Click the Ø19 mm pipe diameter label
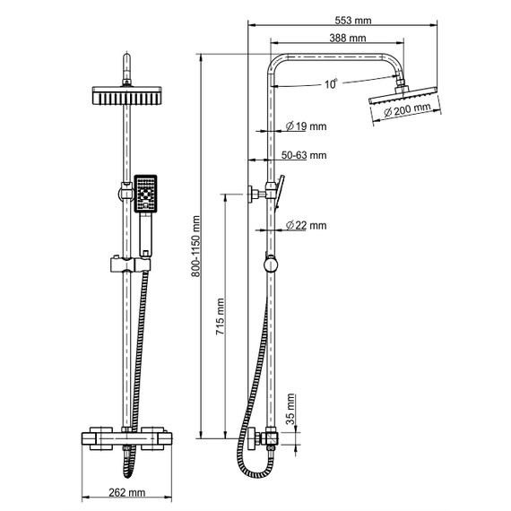304,126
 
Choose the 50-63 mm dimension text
303,155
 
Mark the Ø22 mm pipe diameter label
304,226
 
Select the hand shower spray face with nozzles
145,192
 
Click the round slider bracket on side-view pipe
269,264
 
